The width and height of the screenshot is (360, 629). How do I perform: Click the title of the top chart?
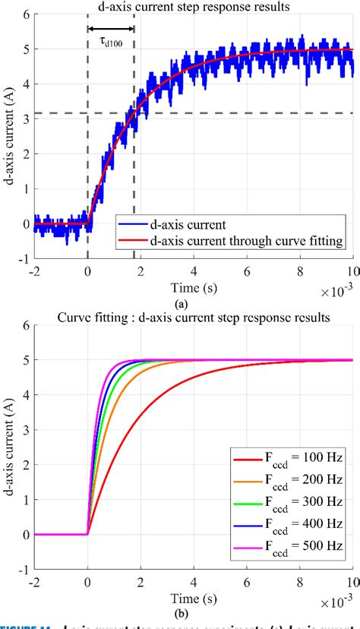(194, 7)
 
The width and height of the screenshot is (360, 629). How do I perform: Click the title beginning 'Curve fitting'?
(194, 318)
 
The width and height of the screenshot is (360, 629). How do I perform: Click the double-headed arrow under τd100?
(111, 29)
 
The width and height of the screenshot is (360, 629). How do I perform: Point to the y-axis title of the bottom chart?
(10, 448)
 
